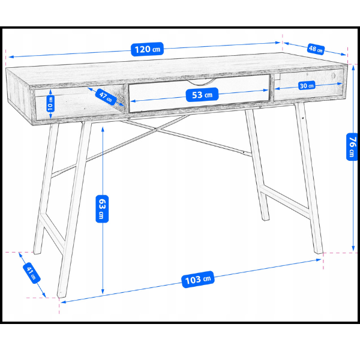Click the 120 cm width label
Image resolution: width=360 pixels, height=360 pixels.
[x=147, y=49]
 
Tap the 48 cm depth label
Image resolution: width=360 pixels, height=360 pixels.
[x=316, y=49]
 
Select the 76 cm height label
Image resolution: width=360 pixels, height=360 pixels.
[x=352, y=147]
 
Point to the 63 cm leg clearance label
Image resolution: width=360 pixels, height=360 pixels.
[x=102, y=209]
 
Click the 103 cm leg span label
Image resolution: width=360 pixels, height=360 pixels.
[x=198, y=280]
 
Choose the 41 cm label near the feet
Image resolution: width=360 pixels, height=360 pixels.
[x=32, y=273]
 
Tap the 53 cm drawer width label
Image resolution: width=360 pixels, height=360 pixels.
[x=202, y=95]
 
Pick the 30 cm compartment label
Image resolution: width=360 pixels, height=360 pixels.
[x=307, y=86]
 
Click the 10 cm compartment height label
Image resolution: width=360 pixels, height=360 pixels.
[x=50, y=104]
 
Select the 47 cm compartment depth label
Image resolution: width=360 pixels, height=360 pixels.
[x=106, y=97]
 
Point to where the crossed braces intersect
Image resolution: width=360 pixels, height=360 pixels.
[x=157, y=130]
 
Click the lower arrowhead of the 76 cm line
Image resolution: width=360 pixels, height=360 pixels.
[x=353, y=248]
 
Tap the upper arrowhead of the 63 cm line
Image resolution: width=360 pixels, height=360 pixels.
[x=103, y=129]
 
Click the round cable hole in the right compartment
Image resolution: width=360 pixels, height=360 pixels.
[x=334, y=76]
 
